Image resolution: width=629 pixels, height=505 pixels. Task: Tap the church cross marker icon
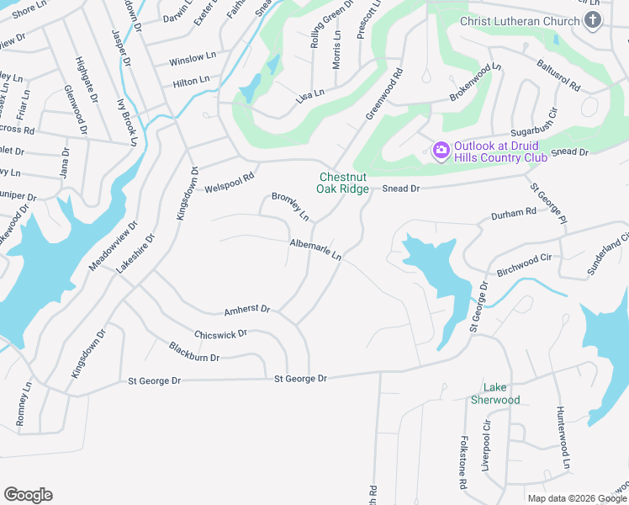(593, 20)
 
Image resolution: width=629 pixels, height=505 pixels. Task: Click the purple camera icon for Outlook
(441, 151)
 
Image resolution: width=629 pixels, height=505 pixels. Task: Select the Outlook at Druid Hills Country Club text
(501, 151)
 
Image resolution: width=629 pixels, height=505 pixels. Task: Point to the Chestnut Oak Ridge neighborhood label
(342, 183)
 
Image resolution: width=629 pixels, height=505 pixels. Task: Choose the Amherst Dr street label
(246, 310)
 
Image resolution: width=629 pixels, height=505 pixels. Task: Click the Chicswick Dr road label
(220, 334)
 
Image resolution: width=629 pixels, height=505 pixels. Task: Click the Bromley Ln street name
(290, 207)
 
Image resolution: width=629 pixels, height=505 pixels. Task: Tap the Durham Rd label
(519, 213)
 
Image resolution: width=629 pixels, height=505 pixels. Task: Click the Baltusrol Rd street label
(551, 73)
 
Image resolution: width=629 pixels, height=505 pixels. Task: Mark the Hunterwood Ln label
(563, 437)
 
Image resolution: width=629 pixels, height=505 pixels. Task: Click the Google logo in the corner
(28, 495)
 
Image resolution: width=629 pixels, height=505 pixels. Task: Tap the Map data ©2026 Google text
(577, 498)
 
